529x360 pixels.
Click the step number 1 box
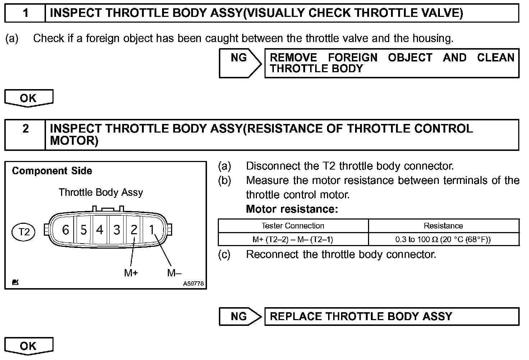tap(25, 13)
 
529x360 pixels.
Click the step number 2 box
tap(25, 134)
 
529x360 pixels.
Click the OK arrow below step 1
tap(28, 98)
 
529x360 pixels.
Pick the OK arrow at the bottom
tap(28, 346)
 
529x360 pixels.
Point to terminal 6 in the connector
tap(65, 230)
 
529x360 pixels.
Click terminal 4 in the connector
tap(100, 230)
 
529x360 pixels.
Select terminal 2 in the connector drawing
tap(134, 230)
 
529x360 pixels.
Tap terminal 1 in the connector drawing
tap(152, 230)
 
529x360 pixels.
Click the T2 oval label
tap(24, 232)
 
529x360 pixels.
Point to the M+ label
tap(131, 273)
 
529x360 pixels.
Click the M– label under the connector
tap(174, 273)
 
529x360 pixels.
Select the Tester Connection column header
tap(293, 226)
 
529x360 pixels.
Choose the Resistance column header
tap(443, 226)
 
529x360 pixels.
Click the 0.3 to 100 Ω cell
tap(443, 239)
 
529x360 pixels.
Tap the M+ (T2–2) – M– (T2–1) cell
tap(293, 239)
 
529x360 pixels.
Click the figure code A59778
tap(193, 284)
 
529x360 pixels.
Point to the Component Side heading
tap(52, 171)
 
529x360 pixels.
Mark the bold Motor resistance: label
tap(292, 209)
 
